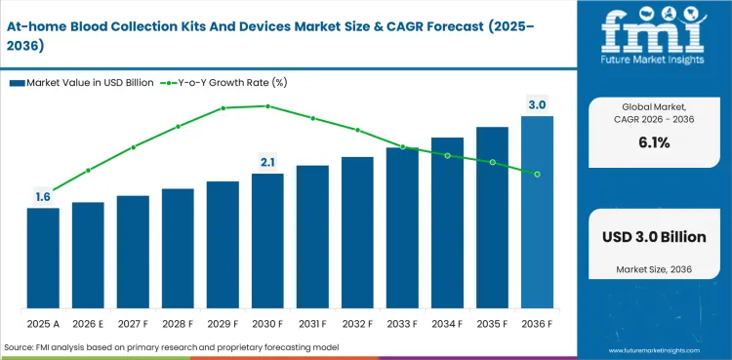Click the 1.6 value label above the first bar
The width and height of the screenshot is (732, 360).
click(43, 197)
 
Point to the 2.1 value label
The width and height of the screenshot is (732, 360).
click(267, 162)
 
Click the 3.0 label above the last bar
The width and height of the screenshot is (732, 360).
click(537, 104)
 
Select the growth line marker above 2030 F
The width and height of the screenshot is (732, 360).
click(267, 106)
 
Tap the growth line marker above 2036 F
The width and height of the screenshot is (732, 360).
click(537, 175)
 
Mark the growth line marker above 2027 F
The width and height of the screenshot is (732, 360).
click(133, 147)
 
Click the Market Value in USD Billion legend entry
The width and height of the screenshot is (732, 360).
click(83, 82)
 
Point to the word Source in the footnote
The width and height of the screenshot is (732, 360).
click(21, 347)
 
